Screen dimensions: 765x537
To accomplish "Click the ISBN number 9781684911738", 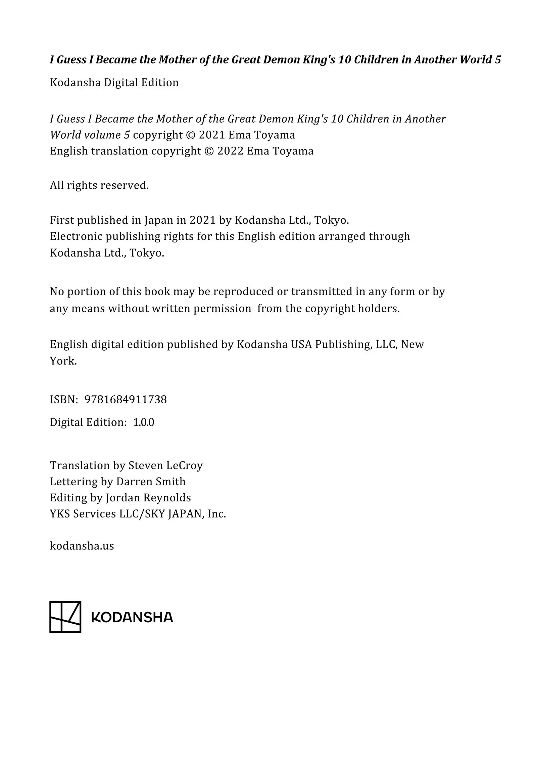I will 126,400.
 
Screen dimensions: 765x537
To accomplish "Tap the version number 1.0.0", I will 144,422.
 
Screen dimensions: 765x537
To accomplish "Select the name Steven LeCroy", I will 165,465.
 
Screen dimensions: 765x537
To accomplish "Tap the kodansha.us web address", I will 82,546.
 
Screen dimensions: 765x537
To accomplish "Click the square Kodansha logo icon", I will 65,617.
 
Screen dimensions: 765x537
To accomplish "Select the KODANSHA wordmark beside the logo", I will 132,617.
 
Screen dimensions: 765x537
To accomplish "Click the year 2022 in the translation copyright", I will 230,151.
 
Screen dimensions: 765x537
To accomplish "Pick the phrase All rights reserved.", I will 99,185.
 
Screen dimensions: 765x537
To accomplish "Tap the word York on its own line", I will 63,361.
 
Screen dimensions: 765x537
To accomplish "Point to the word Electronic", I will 76,236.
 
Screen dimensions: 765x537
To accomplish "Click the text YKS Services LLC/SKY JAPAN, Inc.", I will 138,514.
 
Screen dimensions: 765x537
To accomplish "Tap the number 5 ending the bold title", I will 498,60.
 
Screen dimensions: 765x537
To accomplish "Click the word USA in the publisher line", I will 301,345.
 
